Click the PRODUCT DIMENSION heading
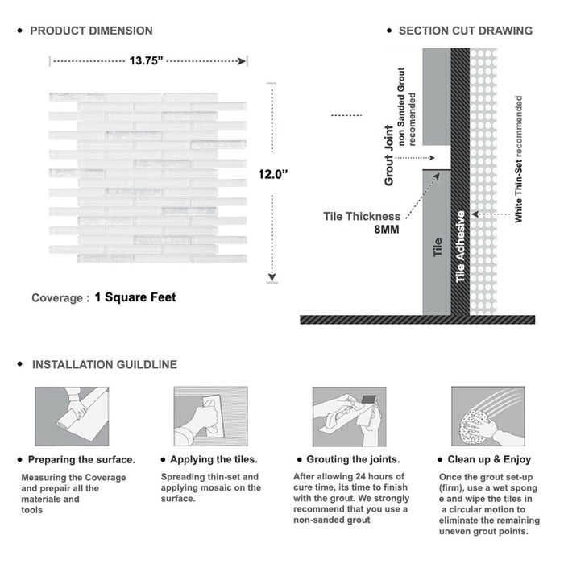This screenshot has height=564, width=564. (91, 31)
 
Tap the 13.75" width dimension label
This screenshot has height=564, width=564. (147, 59)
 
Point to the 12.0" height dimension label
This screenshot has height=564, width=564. (274, 173)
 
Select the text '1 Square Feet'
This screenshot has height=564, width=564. (135, 297)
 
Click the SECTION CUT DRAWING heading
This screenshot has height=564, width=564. (465, 31)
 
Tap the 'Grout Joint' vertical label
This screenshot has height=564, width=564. (389, 156)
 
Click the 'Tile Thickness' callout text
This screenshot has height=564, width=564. (362, 216)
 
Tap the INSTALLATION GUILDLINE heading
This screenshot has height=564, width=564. (104, 364)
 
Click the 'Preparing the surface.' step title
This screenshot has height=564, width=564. (81, 459)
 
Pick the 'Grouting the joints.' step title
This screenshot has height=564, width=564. (352, 459)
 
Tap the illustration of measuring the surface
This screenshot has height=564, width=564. (71, 417)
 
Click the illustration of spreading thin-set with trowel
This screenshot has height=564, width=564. (209, 417)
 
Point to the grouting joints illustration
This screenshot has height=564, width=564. (349, 417)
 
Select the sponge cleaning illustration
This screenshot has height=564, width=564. (487, 417)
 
